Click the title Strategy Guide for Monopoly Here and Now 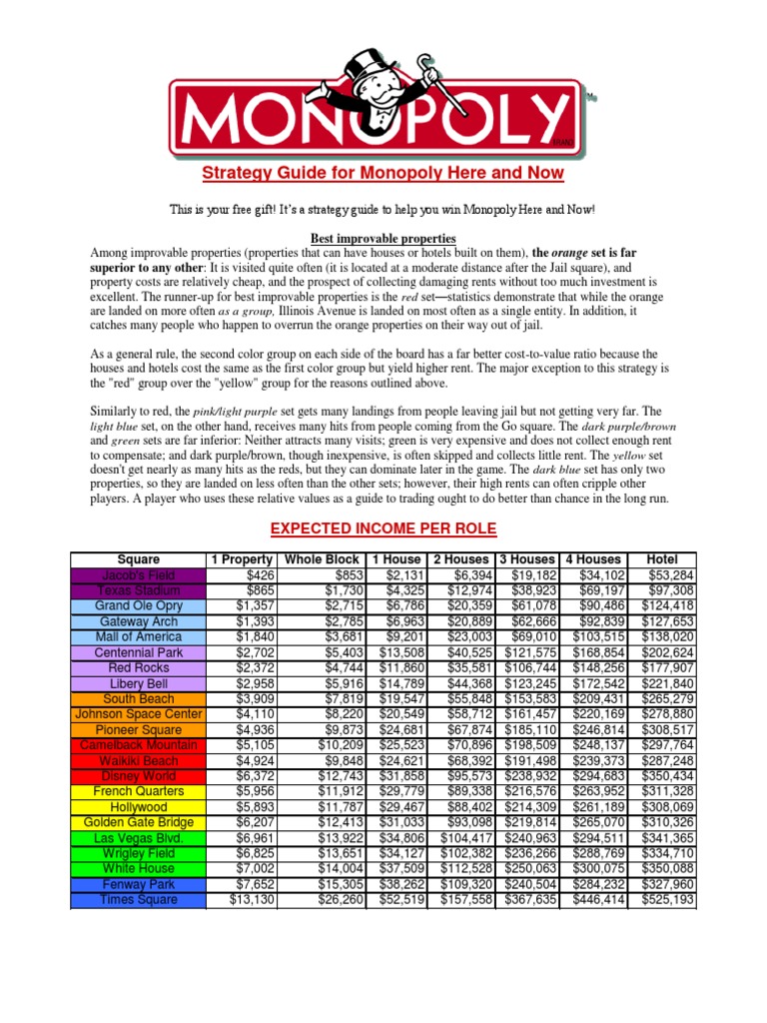click(x=383, y=174)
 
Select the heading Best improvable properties click(x=383, y=239)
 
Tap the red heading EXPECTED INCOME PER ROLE click(x=383, y=527)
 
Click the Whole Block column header click(x=322, y=559)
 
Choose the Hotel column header click(x=662, y=559)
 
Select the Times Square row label click(x=138, y=900)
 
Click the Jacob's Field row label click(x=138, y=575)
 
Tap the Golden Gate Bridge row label click(x=138, y=822)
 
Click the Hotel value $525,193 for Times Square click(x=662, y=900)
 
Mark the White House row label click(x=138, y=869)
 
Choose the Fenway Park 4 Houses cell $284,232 click(x=592, y=884)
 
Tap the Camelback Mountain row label click(x=138, y=745)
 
